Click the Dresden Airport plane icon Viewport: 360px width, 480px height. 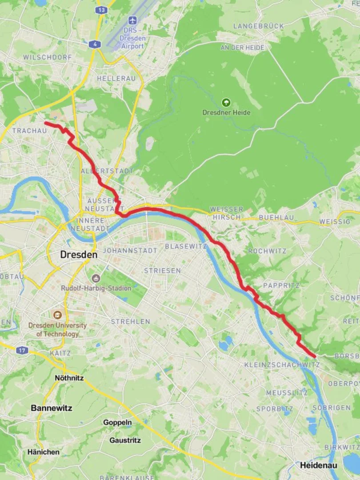(132, 20)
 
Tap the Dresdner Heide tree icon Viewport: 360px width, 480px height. (226, 103)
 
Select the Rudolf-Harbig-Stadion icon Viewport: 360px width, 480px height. (96, 279)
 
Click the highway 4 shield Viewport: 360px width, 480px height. (95, 44)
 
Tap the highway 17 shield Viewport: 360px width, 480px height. (22, 350)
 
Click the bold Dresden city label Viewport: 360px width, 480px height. (79, 255)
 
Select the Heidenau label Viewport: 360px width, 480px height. (318, 465)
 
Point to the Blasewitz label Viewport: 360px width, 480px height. (186, 246)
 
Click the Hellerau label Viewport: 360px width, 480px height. (113, 78)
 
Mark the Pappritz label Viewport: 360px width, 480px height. (281, 285)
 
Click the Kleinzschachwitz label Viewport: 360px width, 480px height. (282, 365)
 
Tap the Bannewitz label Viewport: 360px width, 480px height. (52, 408)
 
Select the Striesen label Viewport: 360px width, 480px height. (162, 270)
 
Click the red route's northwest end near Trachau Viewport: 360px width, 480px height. (46, 123)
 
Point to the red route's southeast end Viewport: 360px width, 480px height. (315, 356)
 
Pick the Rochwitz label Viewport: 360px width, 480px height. (267, 251)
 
